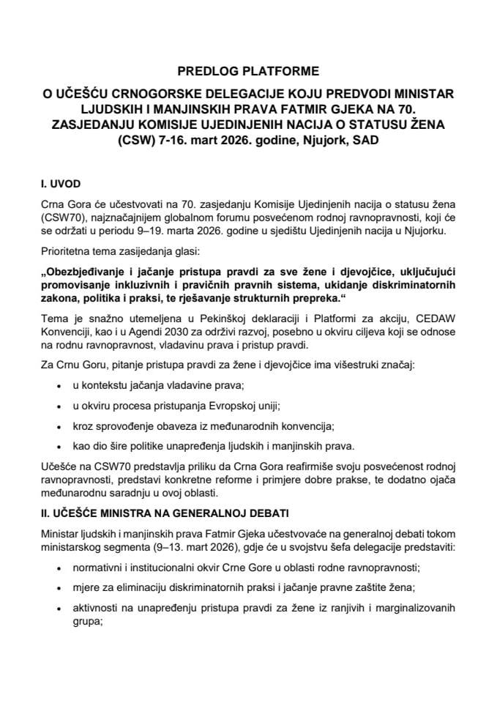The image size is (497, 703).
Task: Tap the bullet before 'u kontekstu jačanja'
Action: tap(59, 388)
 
